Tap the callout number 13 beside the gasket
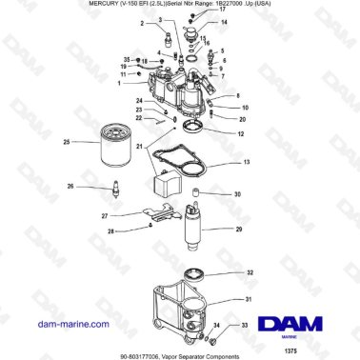246,164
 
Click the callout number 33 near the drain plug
246,327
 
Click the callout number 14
224,21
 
